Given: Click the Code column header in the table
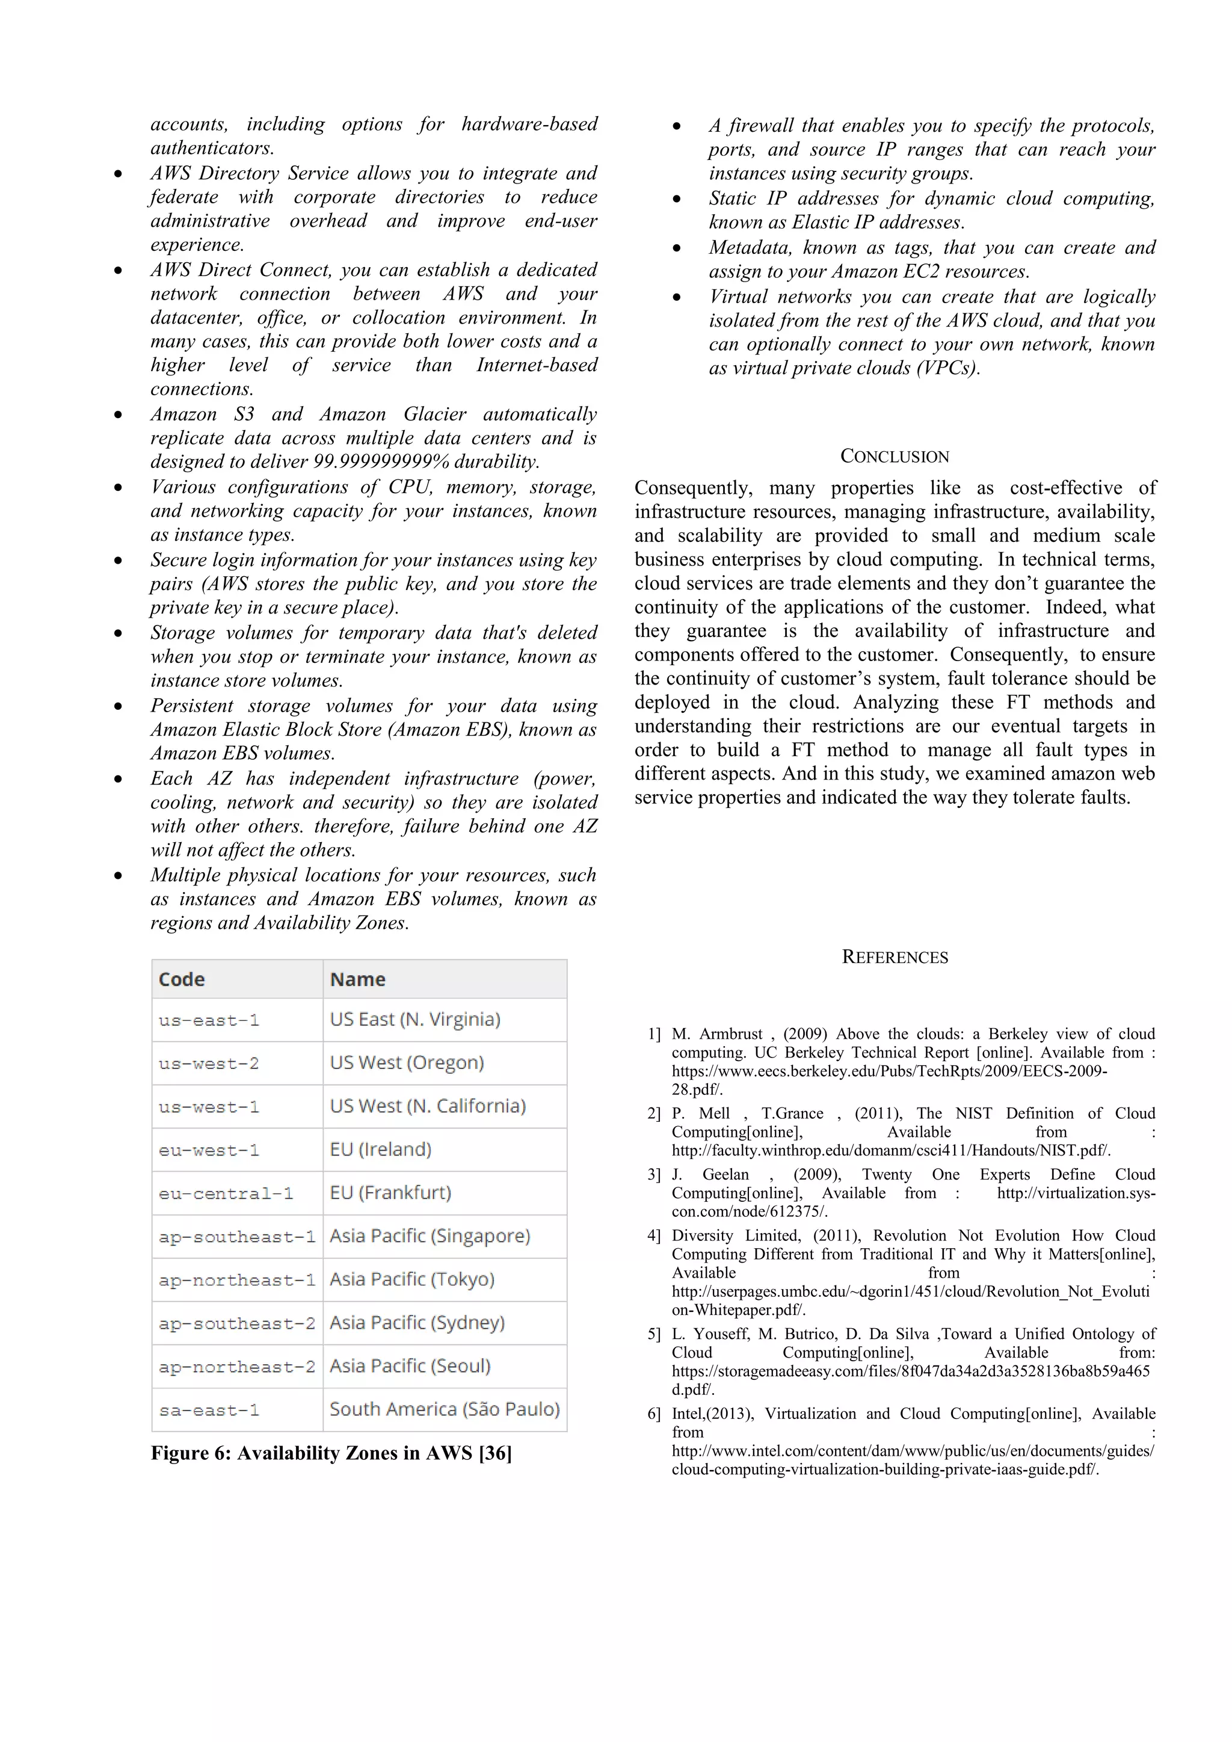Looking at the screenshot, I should click(x=182, y=979).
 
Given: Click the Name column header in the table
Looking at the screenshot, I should click(x=357, y=979).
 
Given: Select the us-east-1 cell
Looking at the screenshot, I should click(x=209, y=1020).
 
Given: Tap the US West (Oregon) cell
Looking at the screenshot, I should click(x=407, y=1063).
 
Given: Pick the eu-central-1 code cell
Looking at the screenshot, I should click(x=226, y=1193).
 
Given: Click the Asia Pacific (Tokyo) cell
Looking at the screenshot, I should click(x=412, y=1279).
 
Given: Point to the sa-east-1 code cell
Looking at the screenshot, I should click(x=209, y=1411).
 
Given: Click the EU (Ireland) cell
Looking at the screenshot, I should click(x=381, y=1150).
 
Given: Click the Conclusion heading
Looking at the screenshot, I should click(x=895, y=456).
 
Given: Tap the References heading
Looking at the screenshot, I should click(x=895, y=957).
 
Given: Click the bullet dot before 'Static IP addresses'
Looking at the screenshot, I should click(x=677, y=200).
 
